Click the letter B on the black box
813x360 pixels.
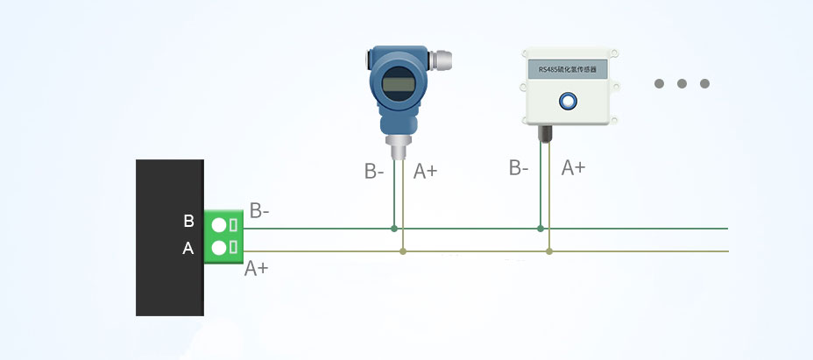click(x=188, y=222)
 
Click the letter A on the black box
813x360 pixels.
click(x=187, y=249)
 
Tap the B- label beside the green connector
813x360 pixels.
click(x=259, y=210)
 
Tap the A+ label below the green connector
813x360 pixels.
click(x=256, y=268)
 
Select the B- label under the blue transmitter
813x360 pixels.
click(x=374, y=172)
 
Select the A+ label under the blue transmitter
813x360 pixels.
click(x=425, y=172)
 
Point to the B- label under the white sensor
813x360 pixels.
click(x=519, y=167)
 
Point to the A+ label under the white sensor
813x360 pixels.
click(x=573, y=167)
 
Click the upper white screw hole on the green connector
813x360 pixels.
click(x=218, y=225)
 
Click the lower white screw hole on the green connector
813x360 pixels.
click(x=218, y=248)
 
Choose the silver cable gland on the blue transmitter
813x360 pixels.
click(x=442, y=61)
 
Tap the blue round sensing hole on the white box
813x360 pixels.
click(x=569, y=102)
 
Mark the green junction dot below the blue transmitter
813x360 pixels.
click(x=394, y=229)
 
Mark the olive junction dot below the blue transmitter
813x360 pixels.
click(x=403, y=251)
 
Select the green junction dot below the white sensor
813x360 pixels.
click(x=541, y=229)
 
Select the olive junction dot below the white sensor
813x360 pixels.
click(x=549, y=251)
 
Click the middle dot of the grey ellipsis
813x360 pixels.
click(x=682, y=84)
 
